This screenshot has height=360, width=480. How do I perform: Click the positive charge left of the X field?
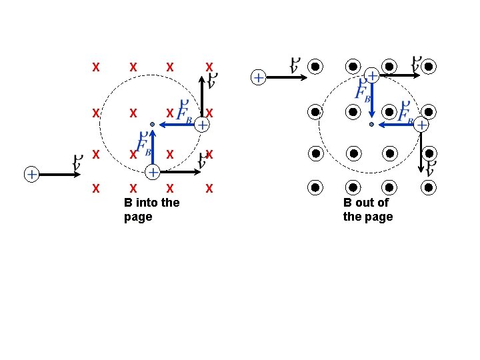click(31, 174)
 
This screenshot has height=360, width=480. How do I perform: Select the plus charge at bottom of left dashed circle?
click(153, 173)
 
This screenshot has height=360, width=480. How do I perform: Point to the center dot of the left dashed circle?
click(152, 124)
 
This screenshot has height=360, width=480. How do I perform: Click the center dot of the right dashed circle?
click(371, 124)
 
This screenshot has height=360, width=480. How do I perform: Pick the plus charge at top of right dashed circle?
click(372, 77)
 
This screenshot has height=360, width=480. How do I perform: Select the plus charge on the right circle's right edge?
click(421, 124)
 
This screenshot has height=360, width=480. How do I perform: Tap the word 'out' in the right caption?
click(366, 203)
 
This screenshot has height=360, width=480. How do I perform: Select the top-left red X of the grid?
click(96, 67)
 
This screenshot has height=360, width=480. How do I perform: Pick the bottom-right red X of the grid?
click(209, 189)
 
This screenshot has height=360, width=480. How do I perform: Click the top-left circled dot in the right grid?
click(316, 67)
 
